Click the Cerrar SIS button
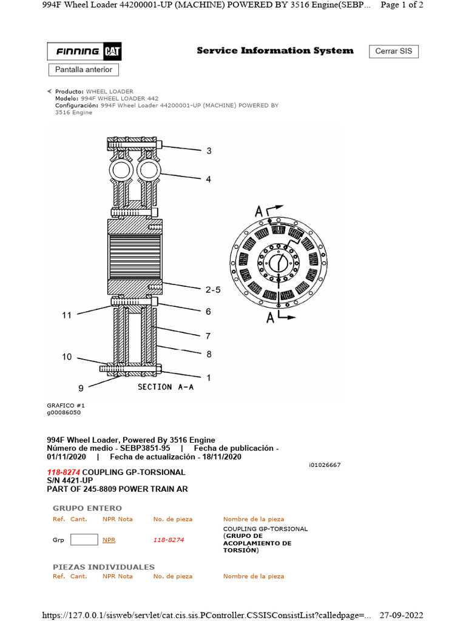pos(393,51)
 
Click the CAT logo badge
pos(112,52)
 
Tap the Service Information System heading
pos(275,51)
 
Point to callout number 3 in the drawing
pos(209,151)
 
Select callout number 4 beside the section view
pos(208,180)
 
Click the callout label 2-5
pos(213,290)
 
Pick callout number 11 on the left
pos(67,315)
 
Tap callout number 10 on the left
pos(67,357)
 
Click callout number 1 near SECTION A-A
pos(209,377)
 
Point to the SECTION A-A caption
pos(166,387)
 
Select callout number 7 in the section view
pos(208,335)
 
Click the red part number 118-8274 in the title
pos(64,472)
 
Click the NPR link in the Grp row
pos(109,540)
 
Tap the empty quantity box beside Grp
pos(84,539)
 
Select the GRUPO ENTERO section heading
pos(87,508)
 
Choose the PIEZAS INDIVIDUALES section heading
pos(104,567)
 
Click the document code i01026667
pos(325,465)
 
